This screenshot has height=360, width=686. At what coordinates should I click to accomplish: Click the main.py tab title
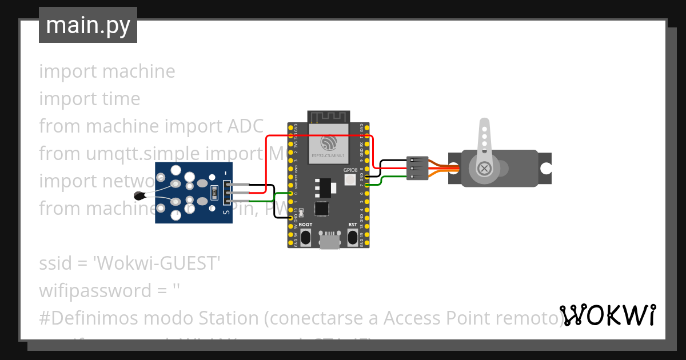pyautogui.click(x=87, y=25)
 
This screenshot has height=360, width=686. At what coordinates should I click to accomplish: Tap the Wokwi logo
pyautogui.click(x=607, y=315)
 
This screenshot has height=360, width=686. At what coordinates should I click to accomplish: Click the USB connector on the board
pyautogui.click(x=329, y=240)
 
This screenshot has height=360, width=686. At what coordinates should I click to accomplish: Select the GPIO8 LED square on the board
pyautogui.click(x=350, y=180)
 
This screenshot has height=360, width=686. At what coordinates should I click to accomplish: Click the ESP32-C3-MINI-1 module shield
pyautogui.click(x=329, y=143)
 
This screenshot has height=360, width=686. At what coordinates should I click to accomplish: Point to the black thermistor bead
pyautogui.click(x=139, y=196)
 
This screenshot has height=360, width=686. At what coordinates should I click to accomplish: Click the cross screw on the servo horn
pyautogui.click(x=485, y=169)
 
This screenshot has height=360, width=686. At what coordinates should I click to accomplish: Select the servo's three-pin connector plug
pyautogui.click(x=417, y=169)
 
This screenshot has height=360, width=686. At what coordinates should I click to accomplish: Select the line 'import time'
pyautogui.click(x=90, y=99)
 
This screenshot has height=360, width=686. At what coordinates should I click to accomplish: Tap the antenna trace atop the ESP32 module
pyautogui.click(x=329, y=117)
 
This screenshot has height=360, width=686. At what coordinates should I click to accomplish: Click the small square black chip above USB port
pyautogui.click(x=322, y=209)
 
